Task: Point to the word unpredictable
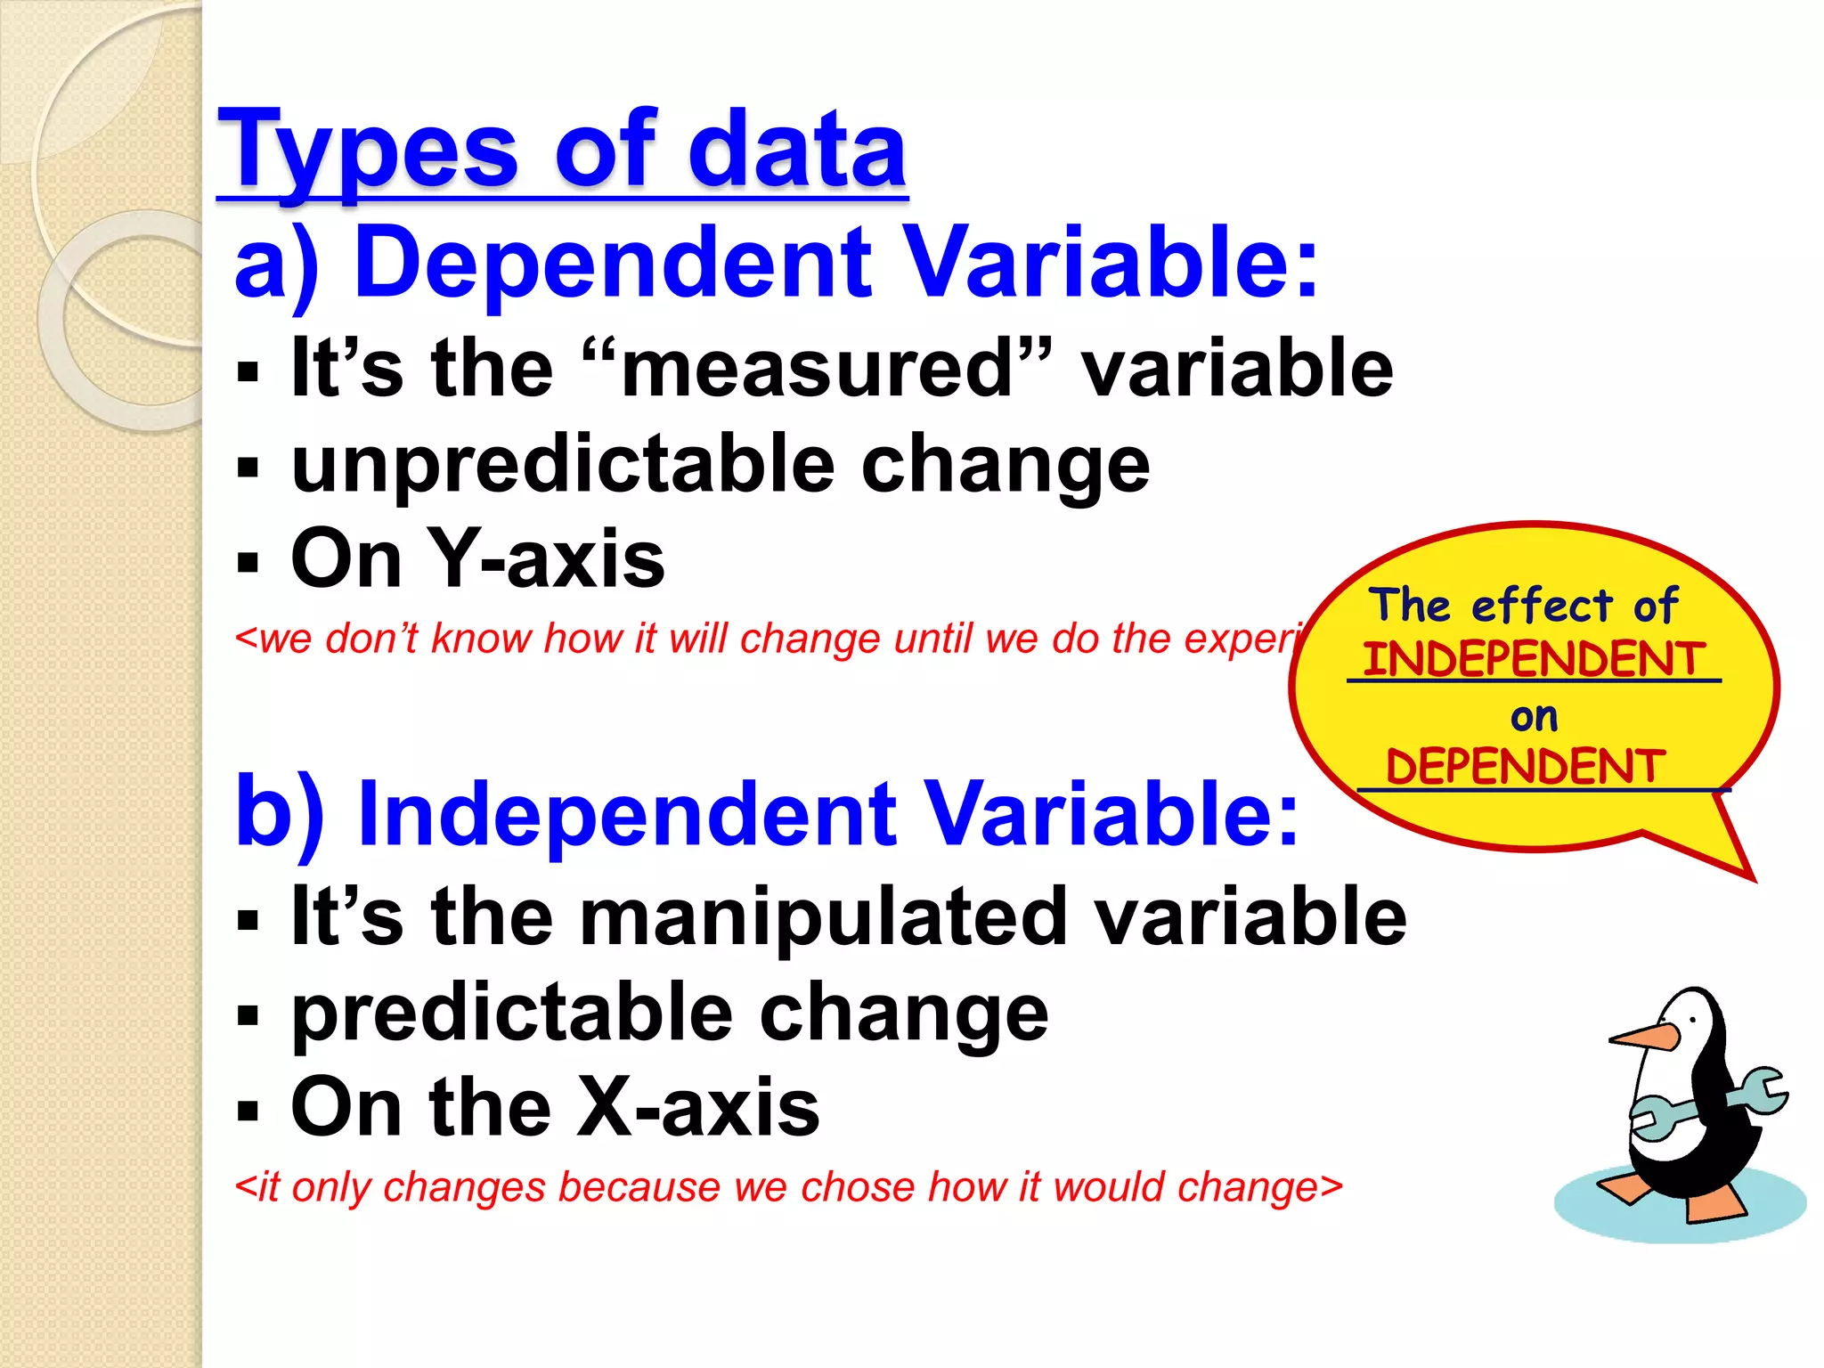point(562,464)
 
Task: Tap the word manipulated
point(823,917)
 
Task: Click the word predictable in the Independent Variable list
point(512,1013)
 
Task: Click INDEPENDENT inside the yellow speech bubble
point(1534,660)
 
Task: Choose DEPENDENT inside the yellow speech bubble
point(1525,767)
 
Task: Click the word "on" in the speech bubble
point(1534,717)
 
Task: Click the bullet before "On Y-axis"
point(248,562)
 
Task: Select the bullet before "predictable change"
point(248,1015)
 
